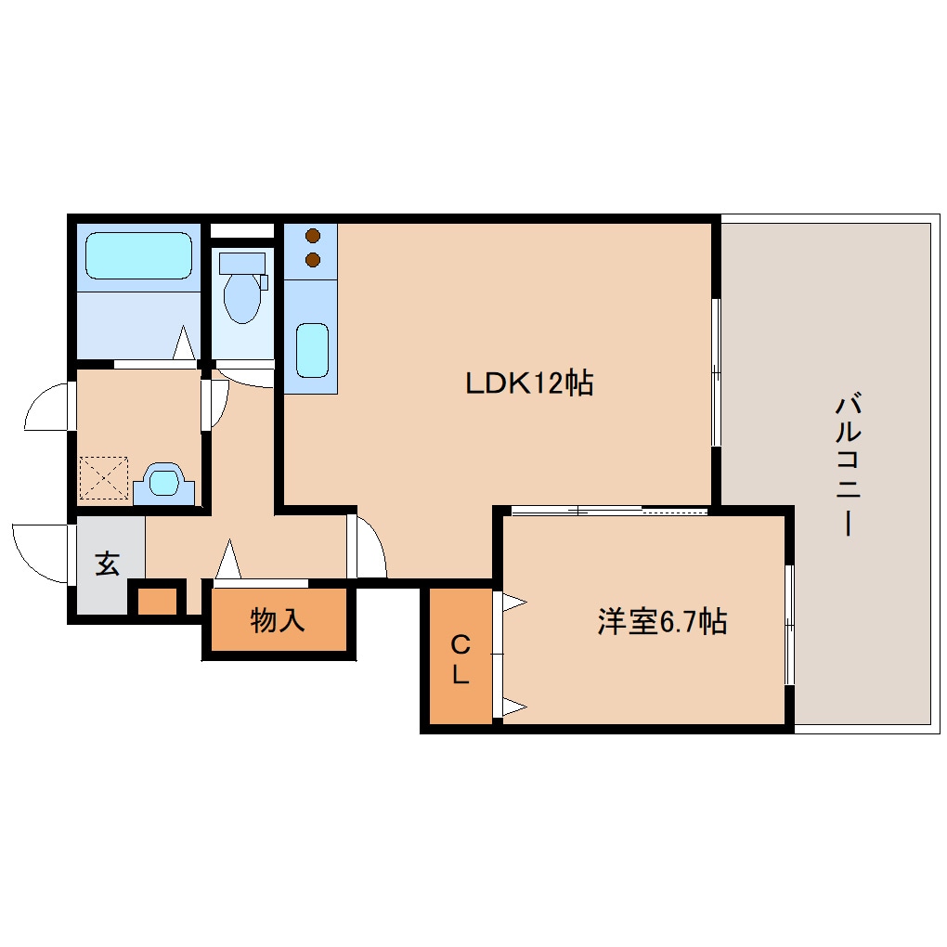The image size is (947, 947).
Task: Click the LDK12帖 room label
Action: point(529,383)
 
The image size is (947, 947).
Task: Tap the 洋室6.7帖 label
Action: point(662,621)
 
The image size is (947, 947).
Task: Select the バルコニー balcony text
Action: point(848,464)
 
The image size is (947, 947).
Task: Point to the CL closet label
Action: point(461,659)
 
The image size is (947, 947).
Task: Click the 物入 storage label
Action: point(278,620)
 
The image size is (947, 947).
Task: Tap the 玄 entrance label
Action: point(108,564)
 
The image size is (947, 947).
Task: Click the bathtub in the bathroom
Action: point(138,255)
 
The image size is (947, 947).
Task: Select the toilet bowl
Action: point(242,298)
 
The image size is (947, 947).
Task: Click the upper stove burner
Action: point(313,236)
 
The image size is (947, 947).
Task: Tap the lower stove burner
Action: point(313,260)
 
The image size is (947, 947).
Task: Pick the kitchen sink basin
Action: point(312,350)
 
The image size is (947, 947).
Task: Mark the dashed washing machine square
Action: point(104,478)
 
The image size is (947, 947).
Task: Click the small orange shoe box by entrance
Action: point(157,601)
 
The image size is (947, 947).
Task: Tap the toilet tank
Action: point(242,264)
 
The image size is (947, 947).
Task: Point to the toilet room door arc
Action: point(243,381)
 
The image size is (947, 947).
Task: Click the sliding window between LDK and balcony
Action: point(716,372)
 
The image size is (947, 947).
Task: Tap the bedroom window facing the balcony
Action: point(789,625)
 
